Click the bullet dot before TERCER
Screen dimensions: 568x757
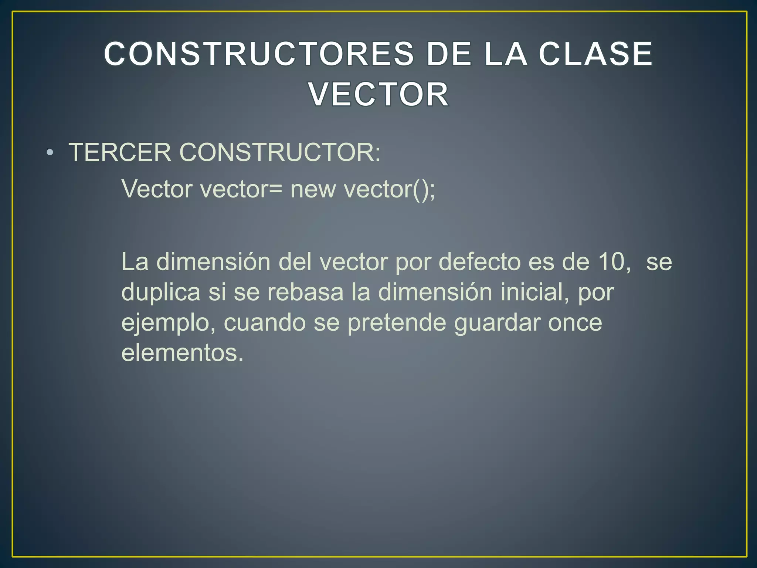[50, 152]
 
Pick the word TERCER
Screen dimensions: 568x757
[120, 152]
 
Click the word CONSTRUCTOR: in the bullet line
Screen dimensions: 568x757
[280, 152]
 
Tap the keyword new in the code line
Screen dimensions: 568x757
[313, 189]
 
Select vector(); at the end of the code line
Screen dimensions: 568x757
[390, 189]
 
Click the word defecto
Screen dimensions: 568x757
[479, 262]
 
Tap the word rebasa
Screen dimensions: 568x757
[305, 292]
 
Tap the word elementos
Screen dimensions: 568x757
[182, 353]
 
